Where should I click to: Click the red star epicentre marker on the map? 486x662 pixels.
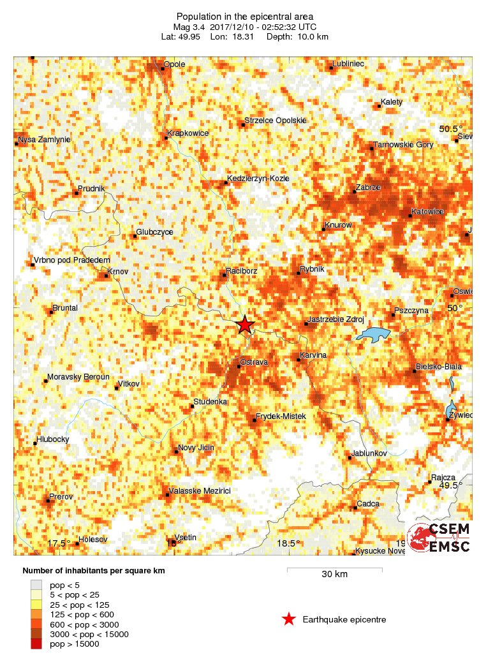point(244,325)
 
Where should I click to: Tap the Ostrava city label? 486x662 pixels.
point(253,362)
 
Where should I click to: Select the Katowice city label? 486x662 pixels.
point(427,210)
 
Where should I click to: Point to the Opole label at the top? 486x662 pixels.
point(175,64)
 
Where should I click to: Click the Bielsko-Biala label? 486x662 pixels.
point(438,367)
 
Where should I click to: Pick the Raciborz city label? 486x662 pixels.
point(242,271)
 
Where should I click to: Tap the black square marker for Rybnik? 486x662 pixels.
point(298,274)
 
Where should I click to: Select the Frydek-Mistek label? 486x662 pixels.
point(281,416)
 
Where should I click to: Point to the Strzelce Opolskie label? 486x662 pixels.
point(276,121)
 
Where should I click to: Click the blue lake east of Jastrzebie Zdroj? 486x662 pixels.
point(373,334)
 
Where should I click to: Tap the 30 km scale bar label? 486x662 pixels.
point(334,575)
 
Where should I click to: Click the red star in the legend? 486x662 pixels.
point(289,619)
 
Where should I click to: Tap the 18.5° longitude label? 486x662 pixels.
point(288,543)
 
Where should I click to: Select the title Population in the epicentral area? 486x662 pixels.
point(245,17)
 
